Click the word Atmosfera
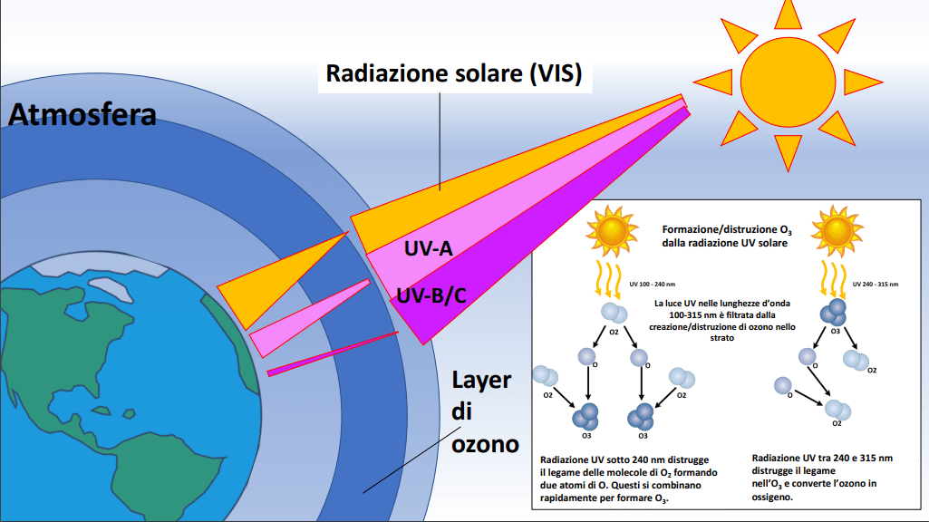pyautogui.click(x=82, y=114)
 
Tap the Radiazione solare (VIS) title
pyautogui.click(x=454, y=73)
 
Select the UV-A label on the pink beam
pyautogui.click(x=429, y=248)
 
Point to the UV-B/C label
pyautogui.click(x=431, y=295)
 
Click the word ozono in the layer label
pyautogui.click(x=485, y=444)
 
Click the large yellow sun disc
pyautogui.click(x=788, y=82)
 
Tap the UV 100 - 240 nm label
pyautogui.click(x=652, y=285)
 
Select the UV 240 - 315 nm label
pyautogui.click(x=876, y=285)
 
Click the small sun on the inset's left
pyautogui.click(x=612, y=231)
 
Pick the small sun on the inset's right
pyautogui.click(x=837, y=231)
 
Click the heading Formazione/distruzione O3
pyautogui.click(x=727, y=230)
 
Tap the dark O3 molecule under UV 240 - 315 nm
pyautogui.click(x=833, y=313)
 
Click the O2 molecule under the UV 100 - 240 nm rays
pyautogui.click(x=614, y=313)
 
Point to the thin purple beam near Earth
pyautogui.click(x=333, y=353)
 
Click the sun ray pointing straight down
pyautogui.click(x=788, y=152)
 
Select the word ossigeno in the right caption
pyautogui.click(x=772, y=498)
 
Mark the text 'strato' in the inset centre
pyautogui.click(x=721, y=338)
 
